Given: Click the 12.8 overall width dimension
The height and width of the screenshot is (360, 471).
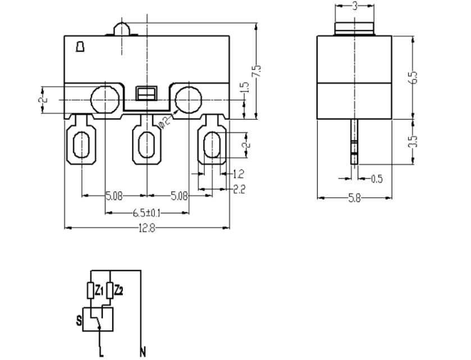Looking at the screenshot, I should click(147, 228).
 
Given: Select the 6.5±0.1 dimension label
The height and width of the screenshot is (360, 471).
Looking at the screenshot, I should click(147, 213).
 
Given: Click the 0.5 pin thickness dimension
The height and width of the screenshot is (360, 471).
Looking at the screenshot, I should click(377, 179).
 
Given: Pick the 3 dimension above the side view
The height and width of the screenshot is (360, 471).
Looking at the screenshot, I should click(354, 6).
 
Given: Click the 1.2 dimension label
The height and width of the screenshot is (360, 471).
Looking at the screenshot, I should click(238, 174).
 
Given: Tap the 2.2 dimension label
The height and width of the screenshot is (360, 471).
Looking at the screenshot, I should click(239, 189).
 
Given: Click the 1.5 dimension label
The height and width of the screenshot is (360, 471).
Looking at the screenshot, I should click(244, 89).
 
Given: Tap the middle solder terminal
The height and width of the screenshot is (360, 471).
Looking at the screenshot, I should click(147, 145).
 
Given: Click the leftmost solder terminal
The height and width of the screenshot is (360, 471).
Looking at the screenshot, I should click(82, 144).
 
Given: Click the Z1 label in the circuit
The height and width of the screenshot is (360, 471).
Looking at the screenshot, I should click(99, 290).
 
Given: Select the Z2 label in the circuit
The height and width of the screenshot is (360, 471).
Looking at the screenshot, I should click(118, 290).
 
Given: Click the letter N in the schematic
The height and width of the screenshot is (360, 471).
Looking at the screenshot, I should click(143, 353).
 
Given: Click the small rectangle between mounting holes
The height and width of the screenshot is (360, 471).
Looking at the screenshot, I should click(147, 93).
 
